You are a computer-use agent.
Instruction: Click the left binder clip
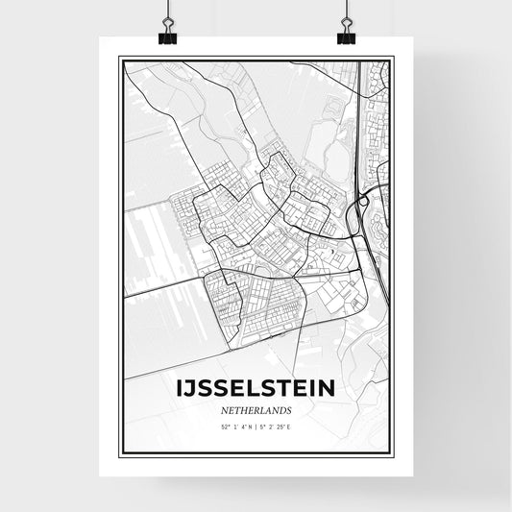click(168, 34)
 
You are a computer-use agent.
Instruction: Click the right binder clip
click(346, 34)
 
